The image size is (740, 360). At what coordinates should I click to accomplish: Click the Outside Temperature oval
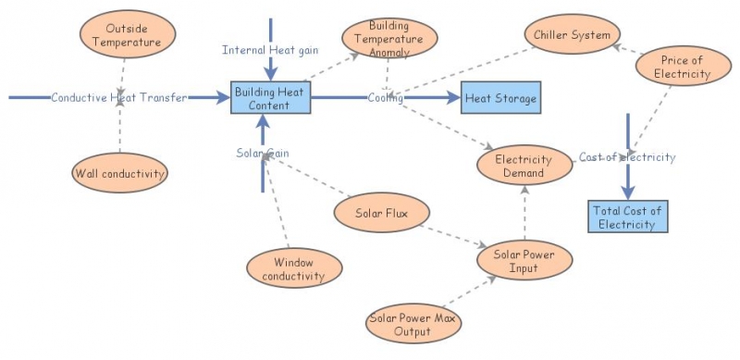[x=119, y=35]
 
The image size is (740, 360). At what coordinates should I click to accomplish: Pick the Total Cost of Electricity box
[x=626, y=217]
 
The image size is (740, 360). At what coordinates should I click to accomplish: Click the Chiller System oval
[x=571, y=36]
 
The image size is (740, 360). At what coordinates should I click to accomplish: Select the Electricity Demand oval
[x=523, y=166]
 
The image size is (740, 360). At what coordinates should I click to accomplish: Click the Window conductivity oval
[x=292, y=268]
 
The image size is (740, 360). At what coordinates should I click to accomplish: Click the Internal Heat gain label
[x=270, y=49]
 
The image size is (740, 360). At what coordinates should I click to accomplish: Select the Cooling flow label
[x=385, y=97]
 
